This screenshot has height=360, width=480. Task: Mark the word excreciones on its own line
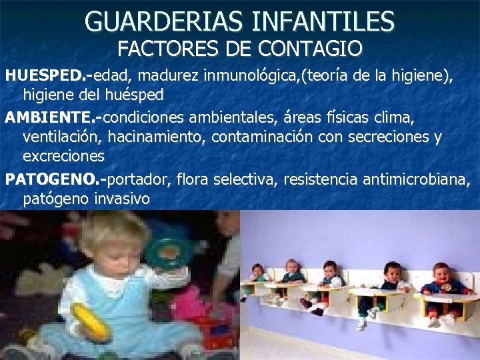coord(63,157)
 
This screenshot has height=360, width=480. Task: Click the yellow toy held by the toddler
coord(91,321)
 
